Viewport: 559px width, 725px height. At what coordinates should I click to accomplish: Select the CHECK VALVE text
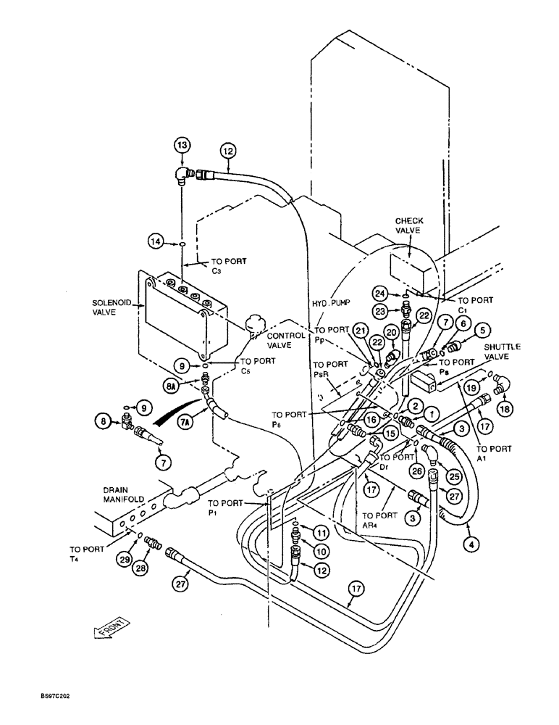[x=409, y=225]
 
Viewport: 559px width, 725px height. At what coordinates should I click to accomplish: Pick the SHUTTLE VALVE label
[x=504, y=352]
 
